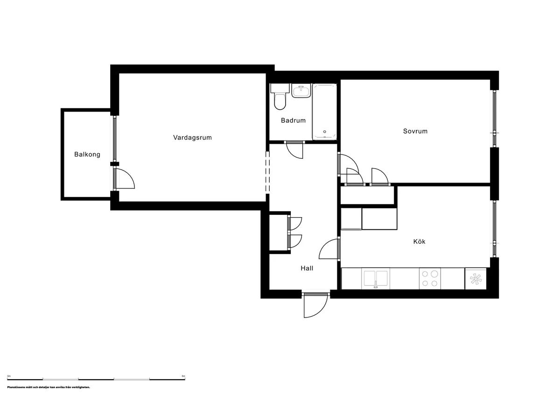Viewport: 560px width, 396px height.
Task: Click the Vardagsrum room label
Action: click(x=192, y=138)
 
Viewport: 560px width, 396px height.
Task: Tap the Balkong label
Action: click(x=87, y=155)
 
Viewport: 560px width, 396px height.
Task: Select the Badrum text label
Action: click(x=293, y=120)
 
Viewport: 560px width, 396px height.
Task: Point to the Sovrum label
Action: click(x=415, y=131)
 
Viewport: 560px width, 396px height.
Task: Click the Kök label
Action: click(x=419, y=242)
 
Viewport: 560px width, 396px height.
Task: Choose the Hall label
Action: click(x=307, y=269)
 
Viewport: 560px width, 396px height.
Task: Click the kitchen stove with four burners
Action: click(x=430, y=278)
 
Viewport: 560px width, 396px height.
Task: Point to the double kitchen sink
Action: click(x=376, y=278)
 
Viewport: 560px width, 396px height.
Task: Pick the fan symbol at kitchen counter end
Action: click(x=476, y=279)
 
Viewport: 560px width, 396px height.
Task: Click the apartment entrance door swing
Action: click(x=315, y=305)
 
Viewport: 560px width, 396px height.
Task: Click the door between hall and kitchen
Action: click(x=329, y=250)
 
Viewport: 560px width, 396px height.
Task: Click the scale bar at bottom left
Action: click(x=96, y=379)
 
